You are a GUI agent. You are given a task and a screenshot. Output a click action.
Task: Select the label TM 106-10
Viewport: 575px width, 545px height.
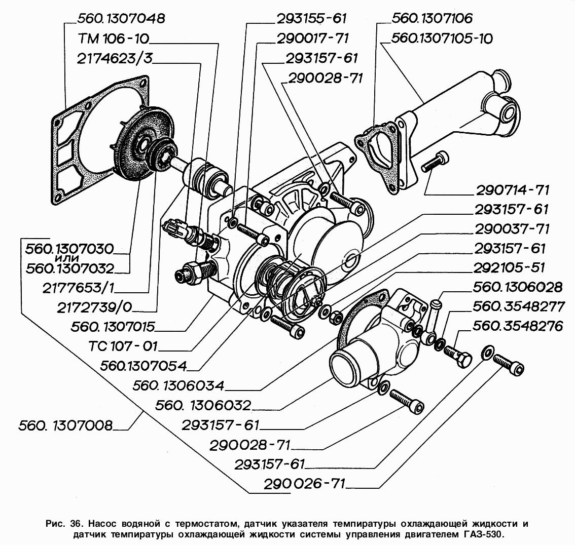tap(114, 39)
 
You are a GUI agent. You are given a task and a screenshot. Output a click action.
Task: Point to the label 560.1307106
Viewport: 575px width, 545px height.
tap(432, 19)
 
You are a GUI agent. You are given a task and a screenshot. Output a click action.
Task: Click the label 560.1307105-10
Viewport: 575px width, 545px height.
tap(442, 38)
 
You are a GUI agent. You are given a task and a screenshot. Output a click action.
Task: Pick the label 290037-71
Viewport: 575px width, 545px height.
tap(512, 229)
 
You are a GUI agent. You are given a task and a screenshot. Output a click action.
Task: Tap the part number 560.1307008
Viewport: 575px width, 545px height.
tap(65, 425)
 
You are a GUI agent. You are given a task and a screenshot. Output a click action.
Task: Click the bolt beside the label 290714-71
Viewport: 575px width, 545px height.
tap(434, 162)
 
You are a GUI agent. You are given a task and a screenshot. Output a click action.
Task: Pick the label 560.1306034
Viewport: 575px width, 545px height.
tap(179, 385)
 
